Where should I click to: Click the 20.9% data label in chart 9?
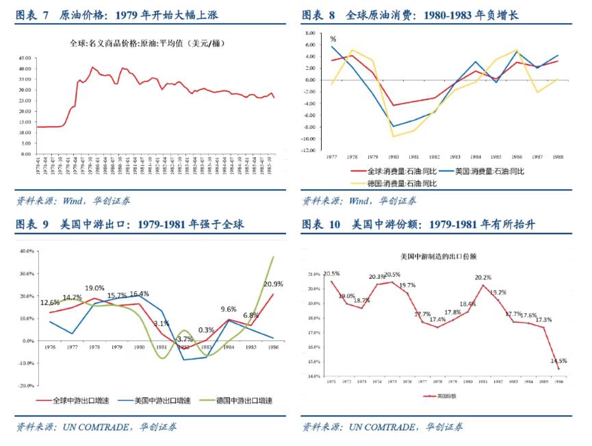[x=274, y=284]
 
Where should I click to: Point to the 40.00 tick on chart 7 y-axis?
[x=23, y=69]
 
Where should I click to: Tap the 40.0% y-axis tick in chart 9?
[x=25, y=251]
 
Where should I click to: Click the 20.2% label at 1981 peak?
[x=483, y=277]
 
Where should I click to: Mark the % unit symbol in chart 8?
[x=333, y=40]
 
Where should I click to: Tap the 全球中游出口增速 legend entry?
[x=66, y=400]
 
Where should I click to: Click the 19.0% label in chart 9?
[x=95, y=288]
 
